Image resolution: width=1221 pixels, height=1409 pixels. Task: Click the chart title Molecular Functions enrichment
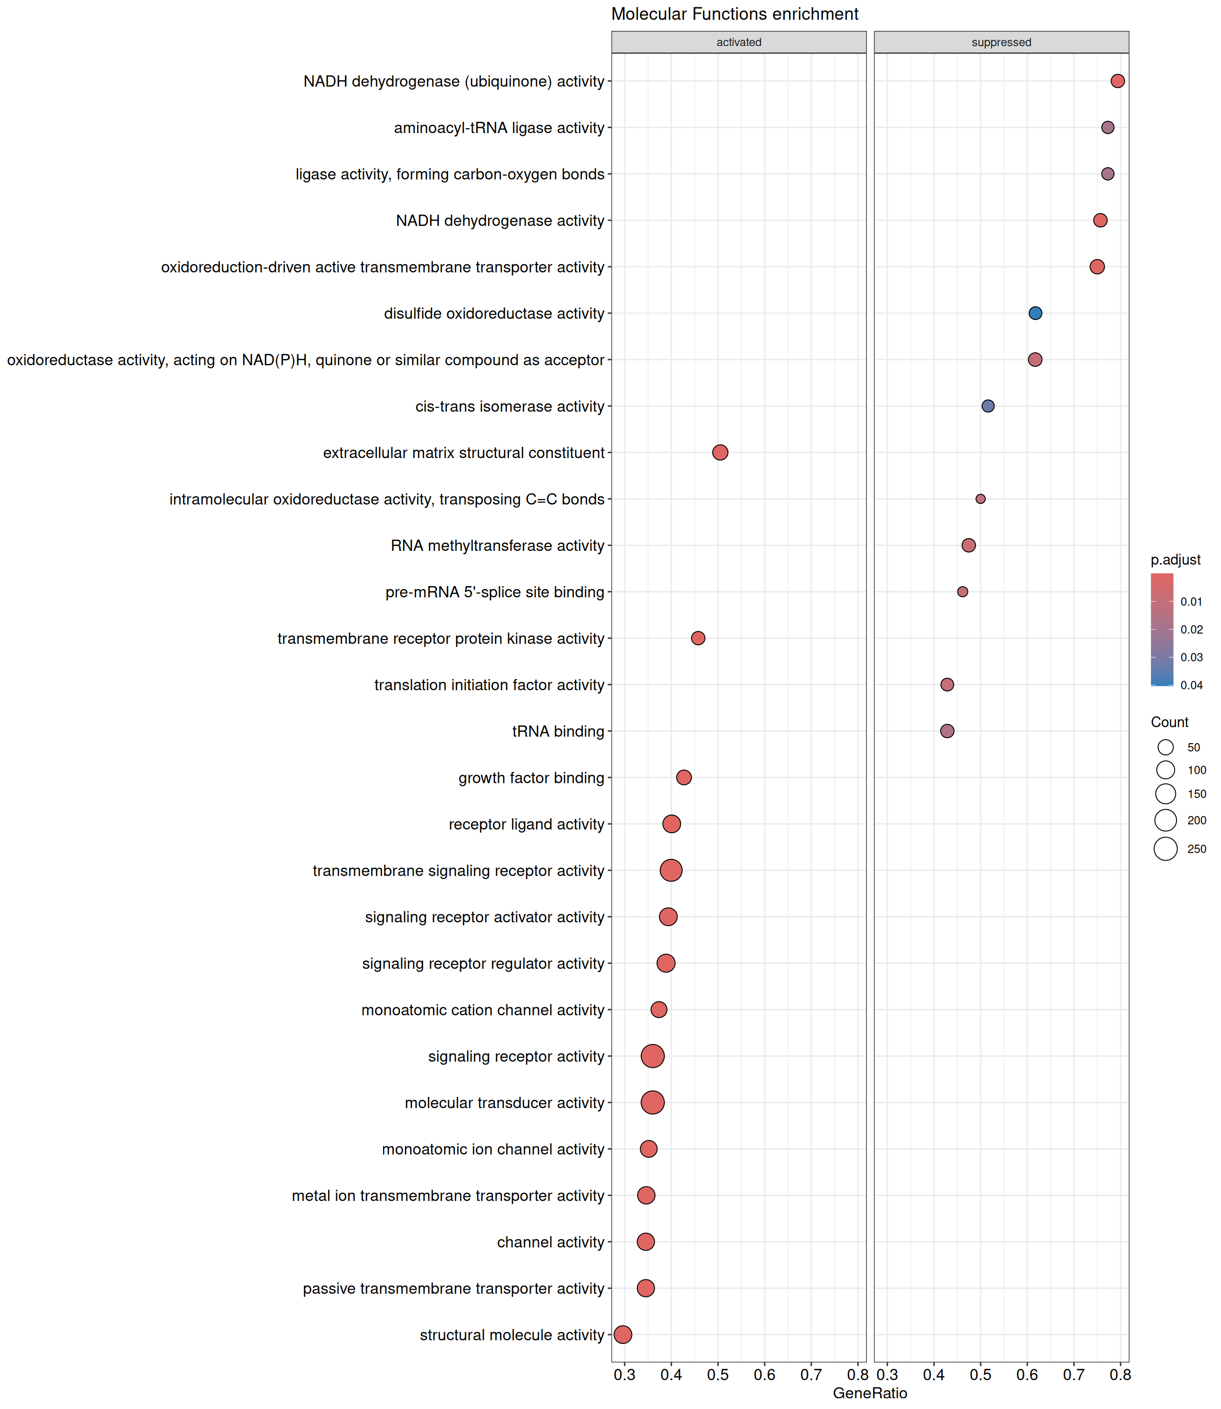(x=735, y=14)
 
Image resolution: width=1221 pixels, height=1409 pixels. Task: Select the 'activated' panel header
(x=739, y=42)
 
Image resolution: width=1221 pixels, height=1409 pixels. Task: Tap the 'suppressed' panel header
(x=1001, y=42)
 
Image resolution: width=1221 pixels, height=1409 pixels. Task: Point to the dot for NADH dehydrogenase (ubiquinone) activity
(x=1117, y=81)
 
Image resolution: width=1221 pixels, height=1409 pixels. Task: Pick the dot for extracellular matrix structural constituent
(x=720, y=453)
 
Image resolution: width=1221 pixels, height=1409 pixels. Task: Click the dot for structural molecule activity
(x=623, y=1335)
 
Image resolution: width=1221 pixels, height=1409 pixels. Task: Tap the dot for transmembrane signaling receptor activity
(x=671, y=870)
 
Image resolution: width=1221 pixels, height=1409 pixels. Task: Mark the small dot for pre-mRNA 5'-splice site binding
(x=962, y=592)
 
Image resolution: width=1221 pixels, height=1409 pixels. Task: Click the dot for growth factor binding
(x=684, y=777)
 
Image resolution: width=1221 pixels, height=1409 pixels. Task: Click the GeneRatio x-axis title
(x=870, y=1393)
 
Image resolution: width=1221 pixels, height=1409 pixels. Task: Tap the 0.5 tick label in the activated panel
(x=718, y=1375)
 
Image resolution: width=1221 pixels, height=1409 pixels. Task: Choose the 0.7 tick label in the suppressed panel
(x=1074, y=1375)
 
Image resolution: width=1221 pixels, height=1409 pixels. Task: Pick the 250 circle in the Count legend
(x=1166, y=849)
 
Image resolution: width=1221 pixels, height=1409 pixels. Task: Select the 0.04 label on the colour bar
(x=1192, y=685)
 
